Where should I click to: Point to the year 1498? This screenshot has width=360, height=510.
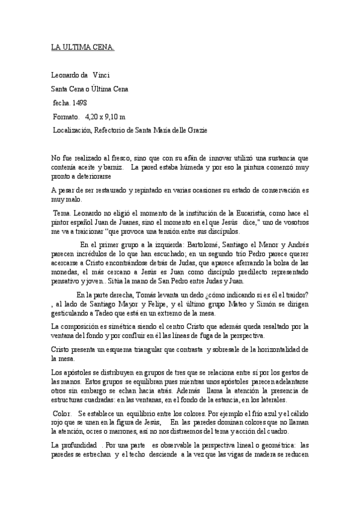(79, 103)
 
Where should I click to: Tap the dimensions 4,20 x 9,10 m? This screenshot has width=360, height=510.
(105, 116)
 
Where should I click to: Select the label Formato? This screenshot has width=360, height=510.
(66, 116)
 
